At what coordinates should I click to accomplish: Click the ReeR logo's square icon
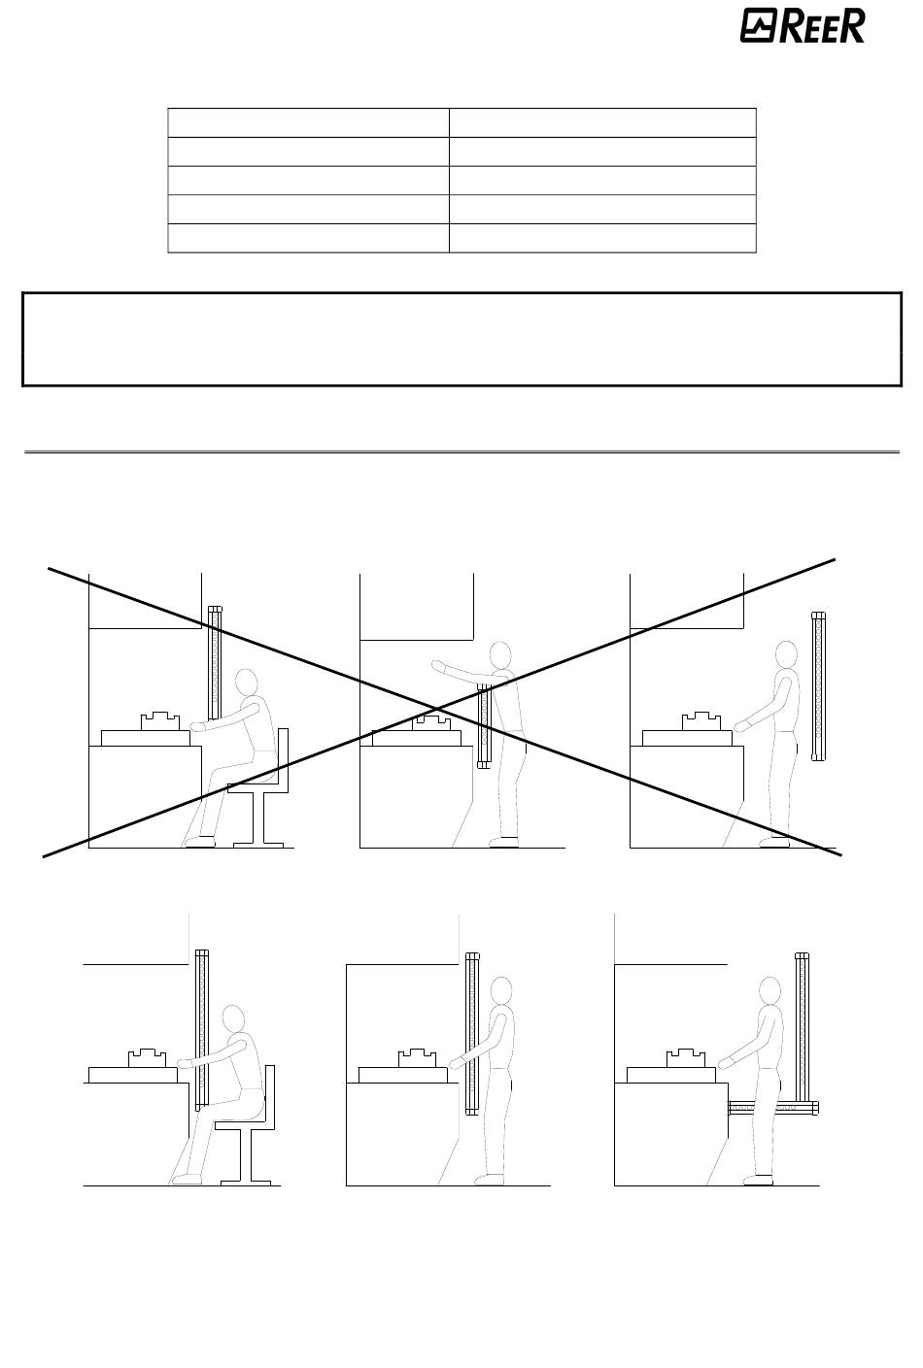click(758, 26)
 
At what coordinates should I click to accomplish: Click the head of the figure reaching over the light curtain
click(500, 656)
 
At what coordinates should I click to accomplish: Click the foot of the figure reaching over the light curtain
click(504, 842)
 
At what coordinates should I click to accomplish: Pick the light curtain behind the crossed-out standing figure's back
click(818, 685)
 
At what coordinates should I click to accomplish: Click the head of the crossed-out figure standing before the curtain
click(786, 655)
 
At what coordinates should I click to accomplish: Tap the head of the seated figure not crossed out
click(233, 1019)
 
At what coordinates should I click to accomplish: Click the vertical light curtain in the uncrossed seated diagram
click(202, 1030)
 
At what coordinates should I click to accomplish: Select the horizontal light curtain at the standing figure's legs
click(772, 1107)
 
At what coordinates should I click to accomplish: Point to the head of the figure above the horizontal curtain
click(769, 992)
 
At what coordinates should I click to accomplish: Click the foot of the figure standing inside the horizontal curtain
click(759, 1180)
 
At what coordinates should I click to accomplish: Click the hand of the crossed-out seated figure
click(196, 726)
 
